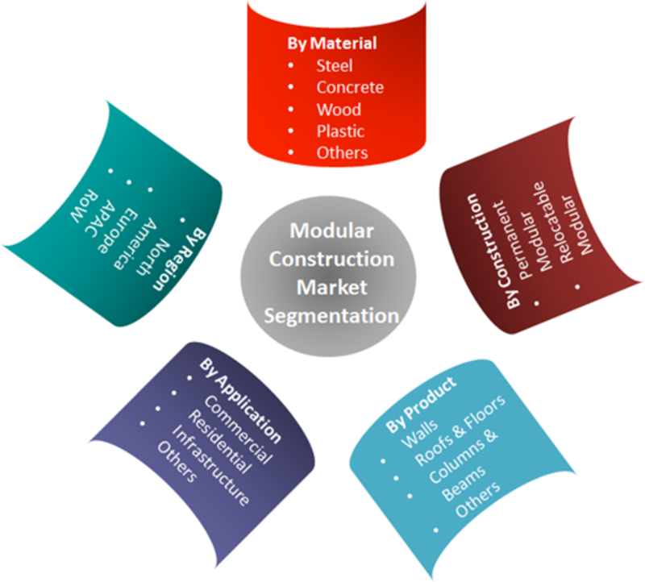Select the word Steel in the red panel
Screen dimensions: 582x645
(334, 65)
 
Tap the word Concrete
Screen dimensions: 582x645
(350, 87)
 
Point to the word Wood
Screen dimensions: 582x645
(339, 109)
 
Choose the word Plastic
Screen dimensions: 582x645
(340, 131)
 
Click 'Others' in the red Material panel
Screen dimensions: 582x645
(342, 152)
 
